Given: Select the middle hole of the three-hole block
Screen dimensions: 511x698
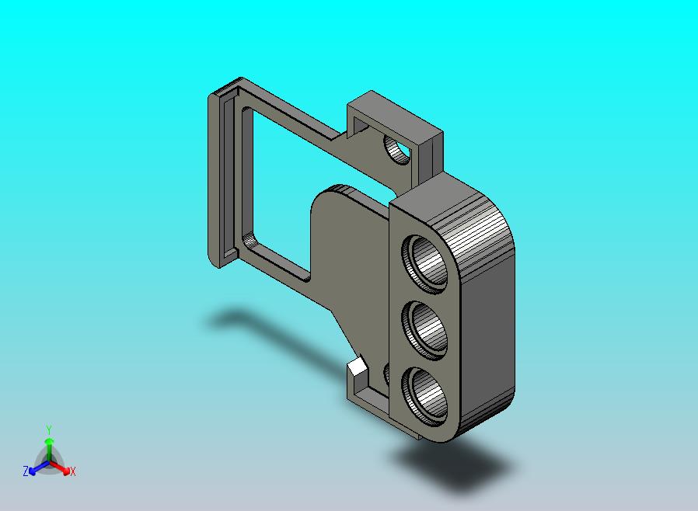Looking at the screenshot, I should pos(426,326).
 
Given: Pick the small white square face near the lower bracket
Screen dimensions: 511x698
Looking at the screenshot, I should pos(357,366).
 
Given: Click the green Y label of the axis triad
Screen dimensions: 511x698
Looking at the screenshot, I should pos(49,429).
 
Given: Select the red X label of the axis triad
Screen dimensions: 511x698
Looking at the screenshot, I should pos(72,471).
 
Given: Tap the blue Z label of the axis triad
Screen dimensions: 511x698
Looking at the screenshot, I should pos(26,471).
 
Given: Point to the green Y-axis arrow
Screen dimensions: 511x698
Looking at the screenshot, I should pos(49,447).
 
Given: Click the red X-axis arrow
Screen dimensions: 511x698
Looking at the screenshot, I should pos(61,468).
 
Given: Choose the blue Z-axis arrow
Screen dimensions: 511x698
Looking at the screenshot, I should pos(36,468).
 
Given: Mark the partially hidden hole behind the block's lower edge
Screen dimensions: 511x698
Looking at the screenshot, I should pos(386,374).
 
